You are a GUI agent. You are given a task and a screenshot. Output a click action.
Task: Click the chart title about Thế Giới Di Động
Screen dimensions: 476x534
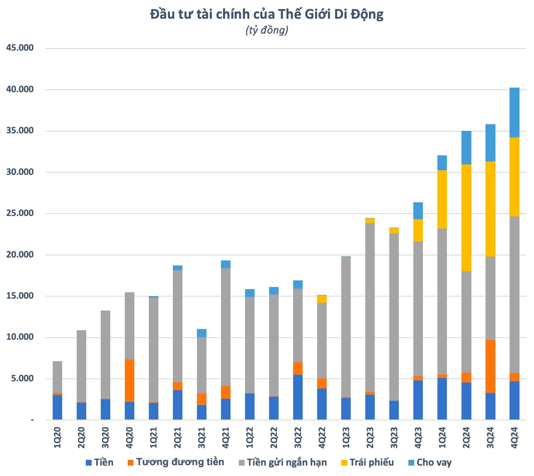click(267, 14)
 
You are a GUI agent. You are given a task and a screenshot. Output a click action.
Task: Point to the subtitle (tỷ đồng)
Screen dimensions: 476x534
click(267, 30)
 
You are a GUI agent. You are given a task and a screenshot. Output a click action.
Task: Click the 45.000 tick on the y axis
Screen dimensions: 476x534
click(20, 48)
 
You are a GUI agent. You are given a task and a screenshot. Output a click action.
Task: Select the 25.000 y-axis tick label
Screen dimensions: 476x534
click(20, 213)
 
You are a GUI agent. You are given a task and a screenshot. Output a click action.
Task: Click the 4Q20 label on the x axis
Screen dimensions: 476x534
click(129, 437)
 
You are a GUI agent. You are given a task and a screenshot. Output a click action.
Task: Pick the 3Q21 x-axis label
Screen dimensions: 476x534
click(201, 437)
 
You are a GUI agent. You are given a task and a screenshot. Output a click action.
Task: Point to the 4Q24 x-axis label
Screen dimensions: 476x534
click(515, 437)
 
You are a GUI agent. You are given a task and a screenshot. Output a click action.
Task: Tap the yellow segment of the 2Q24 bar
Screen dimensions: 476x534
click(466, 218)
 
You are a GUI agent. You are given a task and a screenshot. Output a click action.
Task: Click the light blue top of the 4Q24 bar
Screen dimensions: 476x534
click(515, 113)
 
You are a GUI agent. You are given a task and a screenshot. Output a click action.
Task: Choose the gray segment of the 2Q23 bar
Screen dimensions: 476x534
click(370, 287)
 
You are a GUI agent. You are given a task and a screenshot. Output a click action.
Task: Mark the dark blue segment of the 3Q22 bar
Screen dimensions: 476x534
click(298, 397)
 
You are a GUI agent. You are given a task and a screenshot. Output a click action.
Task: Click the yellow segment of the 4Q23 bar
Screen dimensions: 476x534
click(418, 230)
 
